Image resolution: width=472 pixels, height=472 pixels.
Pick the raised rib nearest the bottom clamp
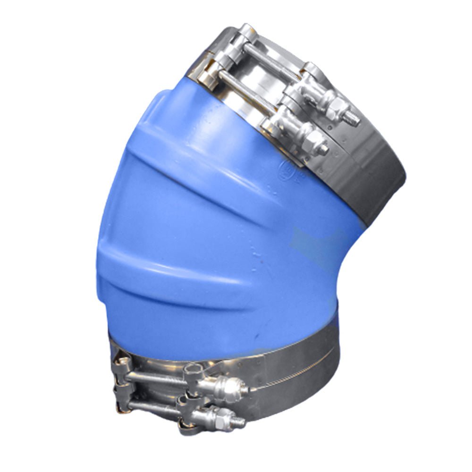coord(189,278)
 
